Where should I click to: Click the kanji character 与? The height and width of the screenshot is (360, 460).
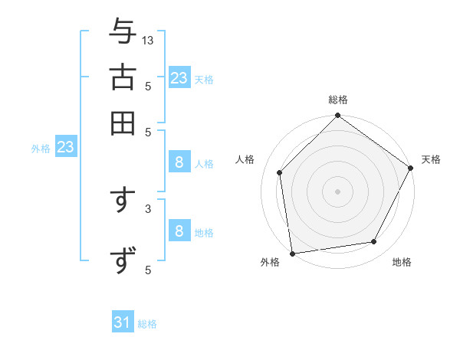123,31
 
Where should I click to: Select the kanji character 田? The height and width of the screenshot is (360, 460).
123,122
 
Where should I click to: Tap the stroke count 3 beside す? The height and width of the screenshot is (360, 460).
148,208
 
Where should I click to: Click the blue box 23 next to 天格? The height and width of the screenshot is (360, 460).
179,78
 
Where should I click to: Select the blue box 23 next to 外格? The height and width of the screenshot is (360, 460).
65,147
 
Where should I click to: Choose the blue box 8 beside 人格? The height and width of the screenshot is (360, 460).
179,162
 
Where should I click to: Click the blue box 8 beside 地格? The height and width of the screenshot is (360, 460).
179,231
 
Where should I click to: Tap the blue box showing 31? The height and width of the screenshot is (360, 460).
123,322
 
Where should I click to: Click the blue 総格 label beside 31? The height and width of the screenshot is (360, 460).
147,324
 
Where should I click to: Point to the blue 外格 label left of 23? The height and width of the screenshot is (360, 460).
41,149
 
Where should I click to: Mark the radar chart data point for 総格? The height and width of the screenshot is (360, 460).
337,116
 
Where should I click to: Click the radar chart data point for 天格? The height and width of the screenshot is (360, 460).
410,168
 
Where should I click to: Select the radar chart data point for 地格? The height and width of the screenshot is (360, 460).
374,241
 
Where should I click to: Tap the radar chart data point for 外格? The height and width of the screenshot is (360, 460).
292,253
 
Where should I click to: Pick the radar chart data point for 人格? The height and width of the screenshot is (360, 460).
280,172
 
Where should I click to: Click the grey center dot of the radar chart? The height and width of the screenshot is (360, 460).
337,191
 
